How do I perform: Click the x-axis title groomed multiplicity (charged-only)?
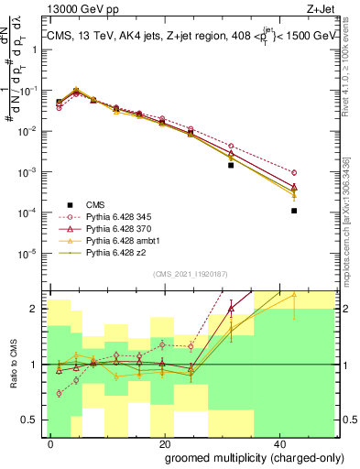pyautogui.click(x=244, y=456)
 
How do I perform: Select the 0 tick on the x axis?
pyautogui.click(x=51, y=442)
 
